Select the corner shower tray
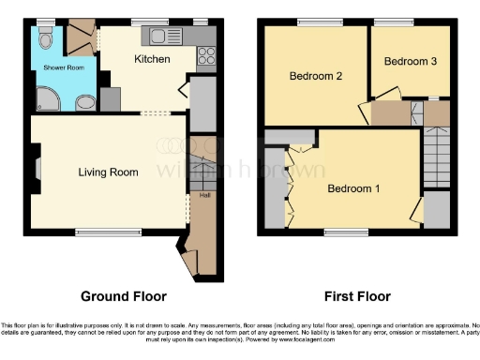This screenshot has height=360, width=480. (x=45, y=99)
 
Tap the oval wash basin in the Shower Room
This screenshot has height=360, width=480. (x=84, y=101)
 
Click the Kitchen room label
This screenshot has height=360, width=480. (x=151, y=60)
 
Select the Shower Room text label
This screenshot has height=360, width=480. (x=55, y=67)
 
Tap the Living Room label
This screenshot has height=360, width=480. (x=108, y=172)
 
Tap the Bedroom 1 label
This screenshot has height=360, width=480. (x=353, y=188)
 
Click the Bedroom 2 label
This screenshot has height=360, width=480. (x=314, y=77)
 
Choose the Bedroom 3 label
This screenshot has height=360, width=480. (x=409, y=61)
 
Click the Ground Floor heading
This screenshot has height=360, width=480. (x=124, y=297)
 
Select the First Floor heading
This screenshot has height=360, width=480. (x=356, y=297)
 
